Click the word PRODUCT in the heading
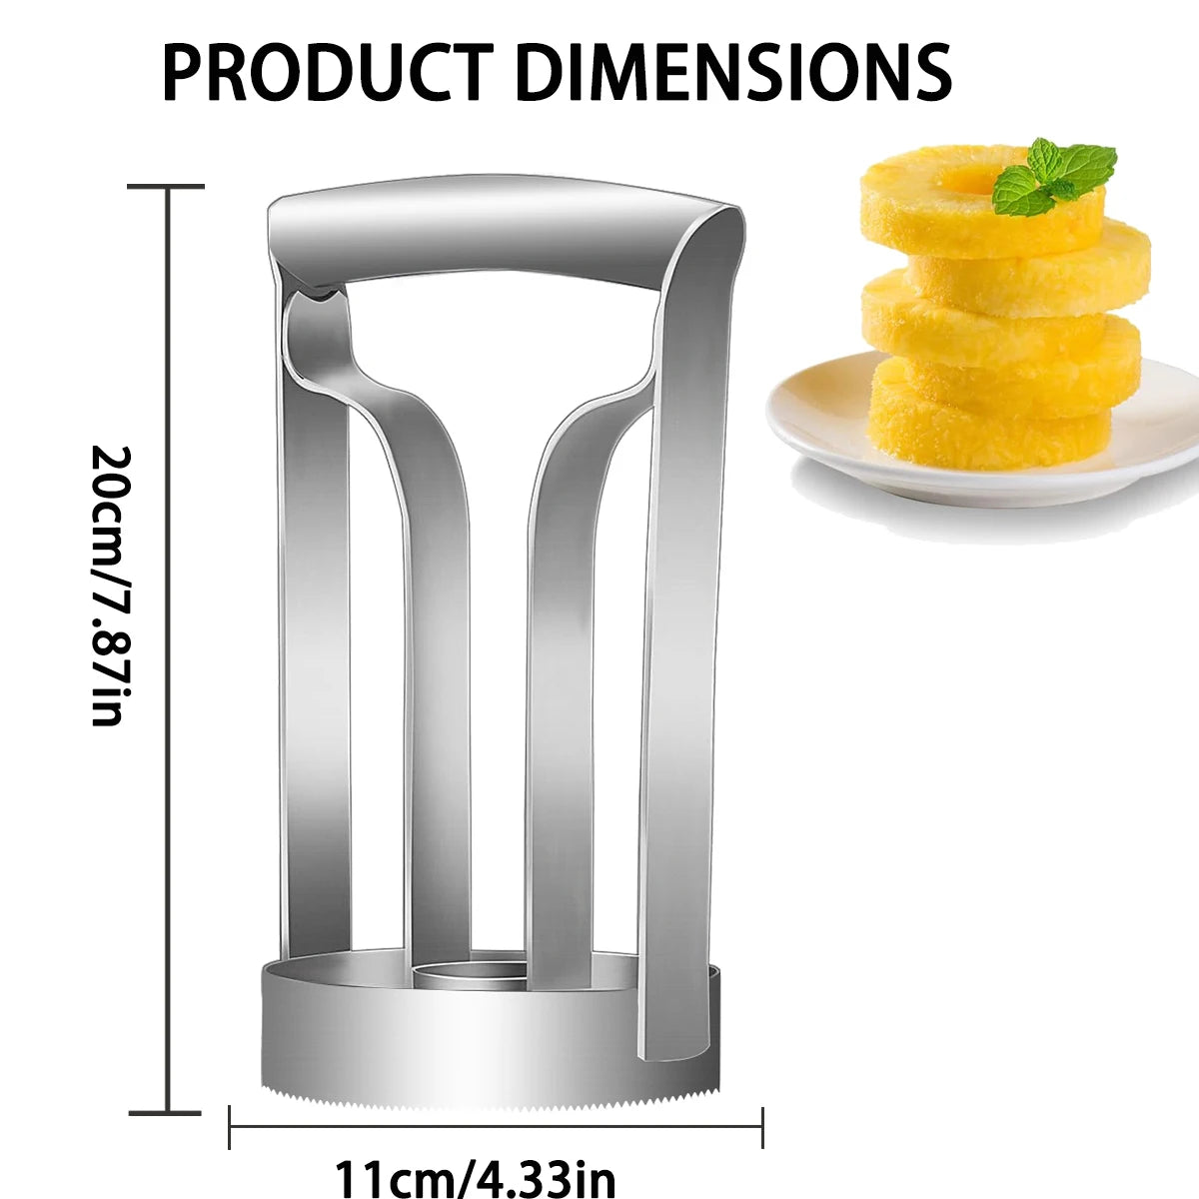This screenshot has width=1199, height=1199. (327, 71)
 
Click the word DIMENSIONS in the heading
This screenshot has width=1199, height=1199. (731, 71)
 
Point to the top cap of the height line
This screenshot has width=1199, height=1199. (166, 187)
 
